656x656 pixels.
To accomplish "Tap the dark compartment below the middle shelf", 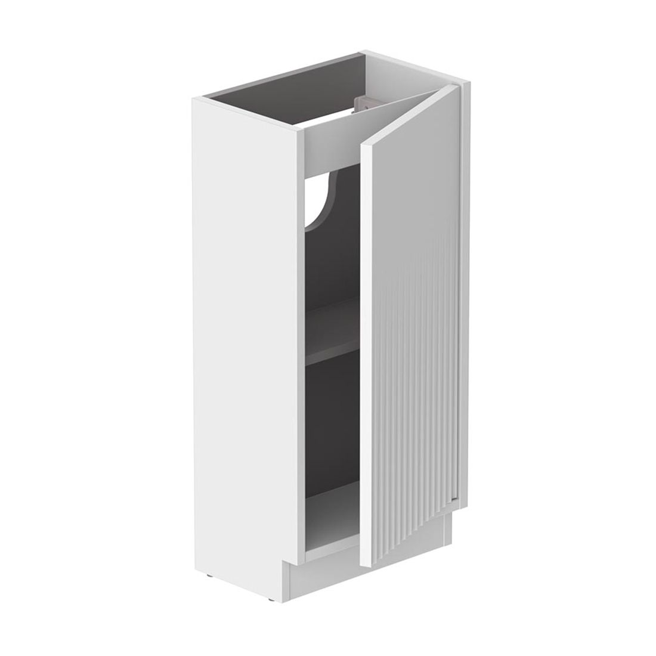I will tap(334, 429).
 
